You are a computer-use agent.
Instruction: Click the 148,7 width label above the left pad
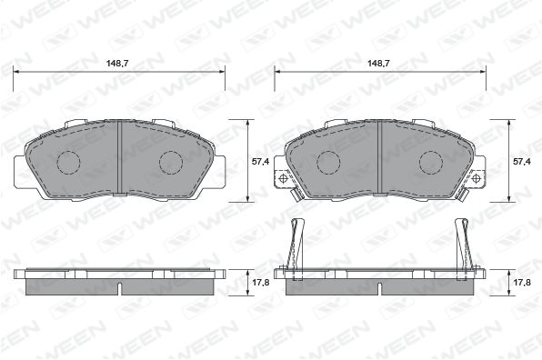[117, 64]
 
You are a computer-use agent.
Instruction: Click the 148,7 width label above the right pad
[378, 64]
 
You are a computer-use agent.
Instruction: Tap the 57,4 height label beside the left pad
[260, 161]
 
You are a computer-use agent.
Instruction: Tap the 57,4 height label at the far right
[522, 161]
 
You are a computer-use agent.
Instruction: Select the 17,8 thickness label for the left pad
[260, 283]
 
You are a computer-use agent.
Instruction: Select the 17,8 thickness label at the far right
[522, 283]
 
